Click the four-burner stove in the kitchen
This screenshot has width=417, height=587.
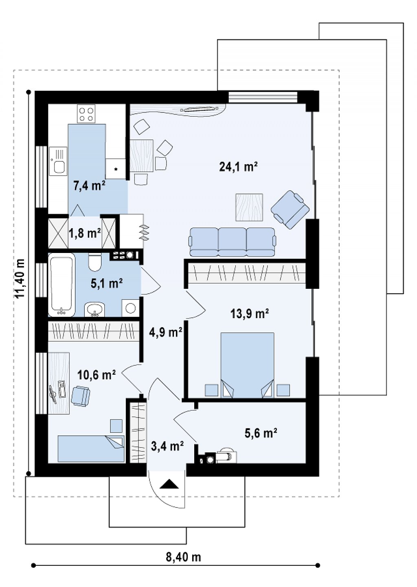click(86, 114)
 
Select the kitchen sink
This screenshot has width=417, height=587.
click(58, 161)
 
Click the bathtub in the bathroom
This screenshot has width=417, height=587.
click(62, 285)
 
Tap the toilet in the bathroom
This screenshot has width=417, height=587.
click(94, 262)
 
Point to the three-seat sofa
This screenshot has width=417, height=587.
click(233, 242)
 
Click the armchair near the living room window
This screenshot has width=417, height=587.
click(290, 210)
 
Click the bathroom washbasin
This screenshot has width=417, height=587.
click(94, 310)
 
